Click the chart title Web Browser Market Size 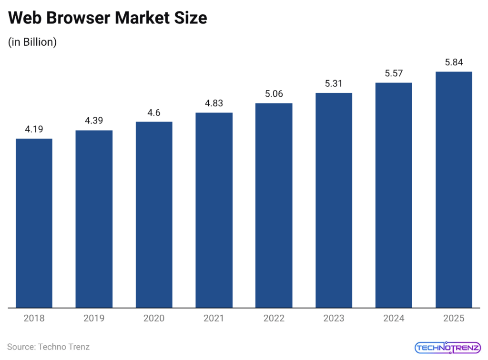coord(108,18)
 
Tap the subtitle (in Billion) coord(32,42)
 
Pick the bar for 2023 coord(334,200)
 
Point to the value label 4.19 coord(34,129)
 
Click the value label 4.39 coord(94,121)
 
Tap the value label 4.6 coord(154,113)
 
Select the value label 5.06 coord(274,94)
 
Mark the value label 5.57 coord(394,73)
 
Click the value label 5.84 coord(454,62)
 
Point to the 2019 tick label coord(94,319)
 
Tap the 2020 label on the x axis coord(154,319)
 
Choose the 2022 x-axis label coord(274,319)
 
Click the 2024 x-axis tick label coord(394,319)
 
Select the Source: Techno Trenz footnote coord(48,347)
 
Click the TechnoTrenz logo coord(447,347)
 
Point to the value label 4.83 coord(214,103)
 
